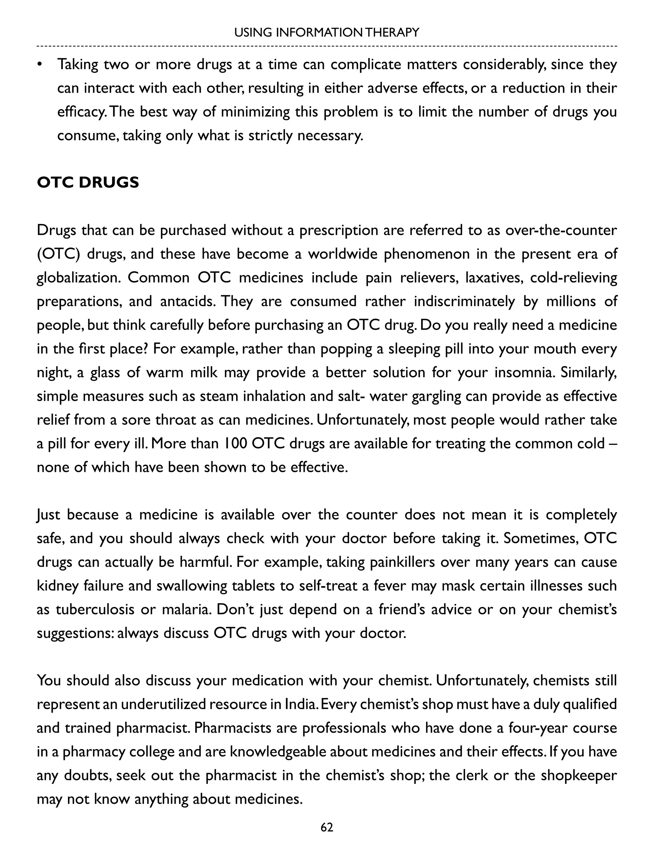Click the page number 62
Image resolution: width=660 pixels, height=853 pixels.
(326, 827)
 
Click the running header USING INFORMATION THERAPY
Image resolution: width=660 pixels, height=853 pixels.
(326, 33)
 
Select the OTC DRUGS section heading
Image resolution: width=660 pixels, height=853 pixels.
(88, 183)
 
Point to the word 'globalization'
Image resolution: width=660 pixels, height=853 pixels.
(79, 278)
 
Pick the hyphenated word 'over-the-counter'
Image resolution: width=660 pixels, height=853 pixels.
(561, 230)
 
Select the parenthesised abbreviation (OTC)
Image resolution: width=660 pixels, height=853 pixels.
(59, 254)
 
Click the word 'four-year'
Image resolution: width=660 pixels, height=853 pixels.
(537, 728)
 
